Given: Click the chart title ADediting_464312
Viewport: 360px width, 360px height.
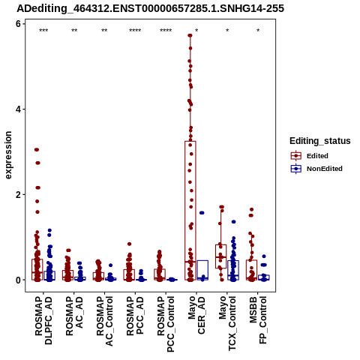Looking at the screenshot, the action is coord(151,8).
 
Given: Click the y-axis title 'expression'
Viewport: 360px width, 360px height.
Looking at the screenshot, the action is coord(8,155).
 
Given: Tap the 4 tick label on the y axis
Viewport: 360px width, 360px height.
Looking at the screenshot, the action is coord(18,109).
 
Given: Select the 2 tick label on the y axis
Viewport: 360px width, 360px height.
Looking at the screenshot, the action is coord(18,194).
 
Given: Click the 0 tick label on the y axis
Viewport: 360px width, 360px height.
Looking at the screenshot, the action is coord(18,280).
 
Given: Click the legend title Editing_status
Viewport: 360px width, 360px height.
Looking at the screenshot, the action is coord(320,141).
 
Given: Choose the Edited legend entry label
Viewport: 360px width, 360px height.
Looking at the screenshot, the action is coord(317,156).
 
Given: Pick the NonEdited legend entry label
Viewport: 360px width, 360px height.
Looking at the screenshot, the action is coord(325,169).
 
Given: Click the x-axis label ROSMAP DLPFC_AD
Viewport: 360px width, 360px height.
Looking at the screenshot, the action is coord(43,320).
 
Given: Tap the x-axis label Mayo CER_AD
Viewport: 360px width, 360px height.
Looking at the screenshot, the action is coord(196,315).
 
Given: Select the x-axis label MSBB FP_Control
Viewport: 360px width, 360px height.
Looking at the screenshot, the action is coord(258,320).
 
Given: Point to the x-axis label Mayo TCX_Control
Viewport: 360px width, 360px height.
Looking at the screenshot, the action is coord(227,323).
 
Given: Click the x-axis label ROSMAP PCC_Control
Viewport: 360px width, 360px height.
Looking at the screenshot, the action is coord(166,324).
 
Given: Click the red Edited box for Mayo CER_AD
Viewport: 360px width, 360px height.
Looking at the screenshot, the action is coord(190,211).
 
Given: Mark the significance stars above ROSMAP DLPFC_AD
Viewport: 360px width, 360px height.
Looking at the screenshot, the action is coord(43,31).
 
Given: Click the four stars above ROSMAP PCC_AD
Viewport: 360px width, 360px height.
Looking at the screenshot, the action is coord(135,31).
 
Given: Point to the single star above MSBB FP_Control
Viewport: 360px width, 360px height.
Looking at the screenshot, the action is coord(258,31).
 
